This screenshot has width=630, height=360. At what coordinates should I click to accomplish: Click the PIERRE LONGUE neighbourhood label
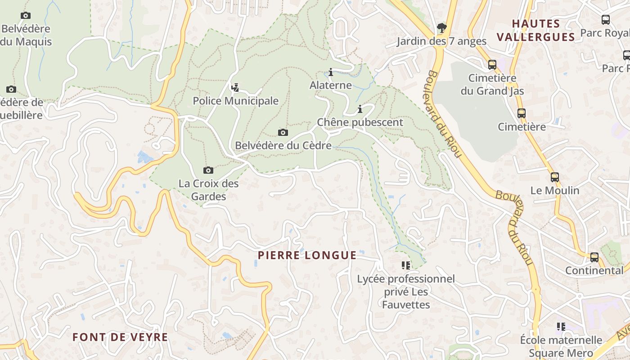pyautogui.click(x=307, y=256)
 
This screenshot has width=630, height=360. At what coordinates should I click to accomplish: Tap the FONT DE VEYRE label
pyautogui.click(x=120, y=337)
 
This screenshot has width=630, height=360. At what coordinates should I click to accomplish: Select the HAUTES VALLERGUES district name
pyautogui.click(x=536, y=30)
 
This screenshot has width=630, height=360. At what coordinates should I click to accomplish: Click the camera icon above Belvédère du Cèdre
pyautogui.click(x=283, y=132)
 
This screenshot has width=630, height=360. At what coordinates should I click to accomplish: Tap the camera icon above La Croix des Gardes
pyautogui.click(x=208, y=170)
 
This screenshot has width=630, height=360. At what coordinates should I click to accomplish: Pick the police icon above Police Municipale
pyautogui.click(x=234, y=87)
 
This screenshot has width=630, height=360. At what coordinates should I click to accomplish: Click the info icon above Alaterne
pyautogui.click(x=331, y=72)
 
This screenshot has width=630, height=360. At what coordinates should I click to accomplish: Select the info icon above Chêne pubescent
pyautogui.click(x=360, y=109)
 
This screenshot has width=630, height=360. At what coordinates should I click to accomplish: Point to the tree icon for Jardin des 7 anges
pyautogui.click(x=441, y=28)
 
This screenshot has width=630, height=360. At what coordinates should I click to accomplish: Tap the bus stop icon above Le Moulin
pyautogui.click(x=554, y=177)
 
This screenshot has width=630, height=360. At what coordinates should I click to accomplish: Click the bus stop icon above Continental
pyautogui.click(x=594, y=257)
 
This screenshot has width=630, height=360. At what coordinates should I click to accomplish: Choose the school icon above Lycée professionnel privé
pyautogui.click(x=406, y=265)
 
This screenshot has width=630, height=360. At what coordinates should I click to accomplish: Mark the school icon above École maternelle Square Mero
pyautogui.click(x=561, y=326)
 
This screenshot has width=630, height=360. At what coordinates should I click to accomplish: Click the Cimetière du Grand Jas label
pyautogui.click(x=492, y=85)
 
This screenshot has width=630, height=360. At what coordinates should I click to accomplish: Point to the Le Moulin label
pyautogui.click(x=555, y=190)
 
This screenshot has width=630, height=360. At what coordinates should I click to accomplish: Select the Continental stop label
pyautogui.click(x=594, y=270)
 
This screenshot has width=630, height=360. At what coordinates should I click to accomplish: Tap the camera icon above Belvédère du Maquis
pyautogui.click(x=26, y=16)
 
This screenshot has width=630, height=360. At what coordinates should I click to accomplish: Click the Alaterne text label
pyautogui.click(x=331, y=85)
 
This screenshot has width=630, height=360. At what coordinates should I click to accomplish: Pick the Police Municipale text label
pyautogui.click(x=236, y=101)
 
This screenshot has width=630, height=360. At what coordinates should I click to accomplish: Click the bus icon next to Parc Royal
pyautogui.click(x=606, y=20)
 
